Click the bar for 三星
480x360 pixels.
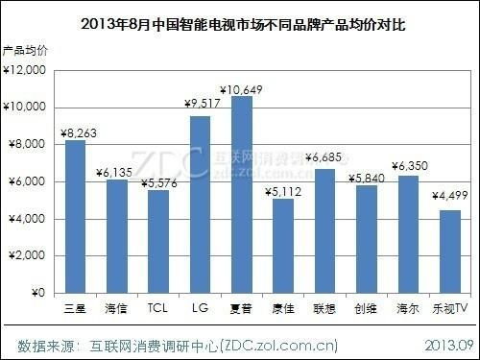74,217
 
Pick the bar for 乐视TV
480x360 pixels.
449,252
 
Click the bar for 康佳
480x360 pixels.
283,246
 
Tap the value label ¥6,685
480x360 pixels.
324,156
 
